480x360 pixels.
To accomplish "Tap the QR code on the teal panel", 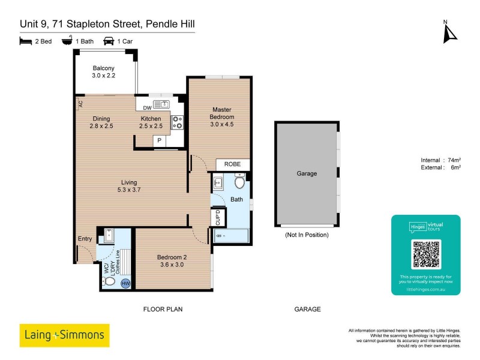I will [x=426, y=254].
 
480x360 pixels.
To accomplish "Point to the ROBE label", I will [x=233, y=164].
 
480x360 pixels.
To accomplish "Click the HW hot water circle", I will [x=126, y=283].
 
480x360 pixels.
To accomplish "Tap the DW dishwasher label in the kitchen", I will [x=147, y=108].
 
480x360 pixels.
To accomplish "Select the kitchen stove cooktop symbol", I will [x=178, y=122].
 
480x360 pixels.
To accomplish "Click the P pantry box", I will [x=160, y=141].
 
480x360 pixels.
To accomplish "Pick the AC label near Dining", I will [x=80, y=104].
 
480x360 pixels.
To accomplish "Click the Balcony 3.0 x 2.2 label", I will [x=103, y=72].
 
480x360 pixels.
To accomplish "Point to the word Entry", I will [x=85, y=239].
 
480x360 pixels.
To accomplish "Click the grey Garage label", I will [x=307, y=173].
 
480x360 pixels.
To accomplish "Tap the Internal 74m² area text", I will [x=440, y=160].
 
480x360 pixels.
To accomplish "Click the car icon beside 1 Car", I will [x=109, y=41].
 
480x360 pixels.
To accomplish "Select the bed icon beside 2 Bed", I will [x=25, y=41].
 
